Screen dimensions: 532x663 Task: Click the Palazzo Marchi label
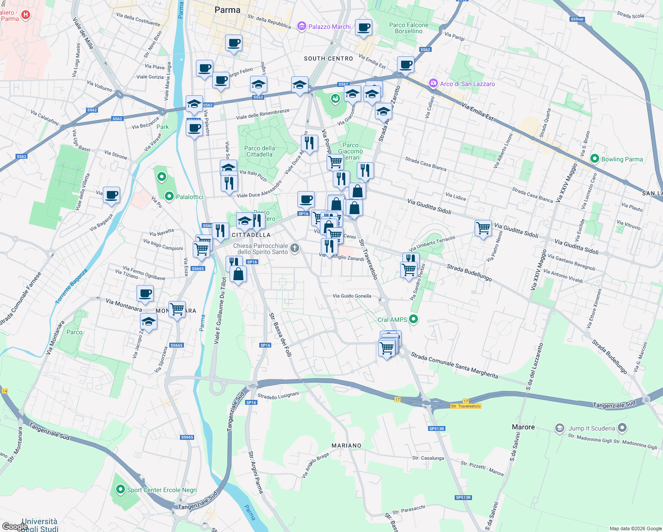pyautogui.click(x=329, y=27)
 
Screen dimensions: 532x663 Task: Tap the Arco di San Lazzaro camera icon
pyautogui.click(x=433, y=83)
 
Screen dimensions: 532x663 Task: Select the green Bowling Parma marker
pyautogui.click(x=595, y=159)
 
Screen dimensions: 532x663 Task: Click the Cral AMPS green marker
pyautogui.click(x=413, y=319)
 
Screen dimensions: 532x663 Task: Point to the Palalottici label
pyautogui.click(x=190, y=196)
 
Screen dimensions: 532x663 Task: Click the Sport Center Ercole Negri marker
pyautogui.click(x=120, y=489)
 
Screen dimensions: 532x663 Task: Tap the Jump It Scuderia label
pyautogui.click(x=592, y=428)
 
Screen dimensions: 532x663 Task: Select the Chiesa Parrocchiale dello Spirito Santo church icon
pyautogui.click(x=295, y=247)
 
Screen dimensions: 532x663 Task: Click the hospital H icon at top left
pyautogui.click(x=26, y=15)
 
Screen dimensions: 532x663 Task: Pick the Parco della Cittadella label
pyautogui.click(x=260, y=151)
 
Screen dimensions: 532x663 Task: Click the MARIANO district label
pyautogui.click(x=346, y=446)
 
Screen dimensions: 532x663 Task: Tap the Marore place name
pyautogui.click(x=523, y=427)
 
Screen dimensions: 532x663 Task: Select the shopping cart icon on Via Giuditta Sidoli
pyautogui.click(x=483, y=228)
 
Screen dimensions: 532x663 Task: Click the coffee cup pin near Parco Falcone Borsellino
pyautogui.click(x=363, y=28)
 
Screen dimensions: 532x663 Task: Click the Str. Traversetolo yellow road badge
pyautogui.click(x=465, y=406)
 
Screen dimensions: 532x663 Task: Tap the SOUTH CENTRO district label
pyautogui.click(x=328, y=59)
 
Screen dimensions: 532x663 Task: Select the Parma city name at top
pyautogui.click(x=227, y=10)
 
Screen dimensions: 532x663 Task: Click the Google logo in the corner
pyautogui.click(x=14, y=526)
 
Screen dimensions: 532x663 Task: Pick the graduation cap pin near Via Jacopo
pyautogui.click(x=148, y=322)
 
